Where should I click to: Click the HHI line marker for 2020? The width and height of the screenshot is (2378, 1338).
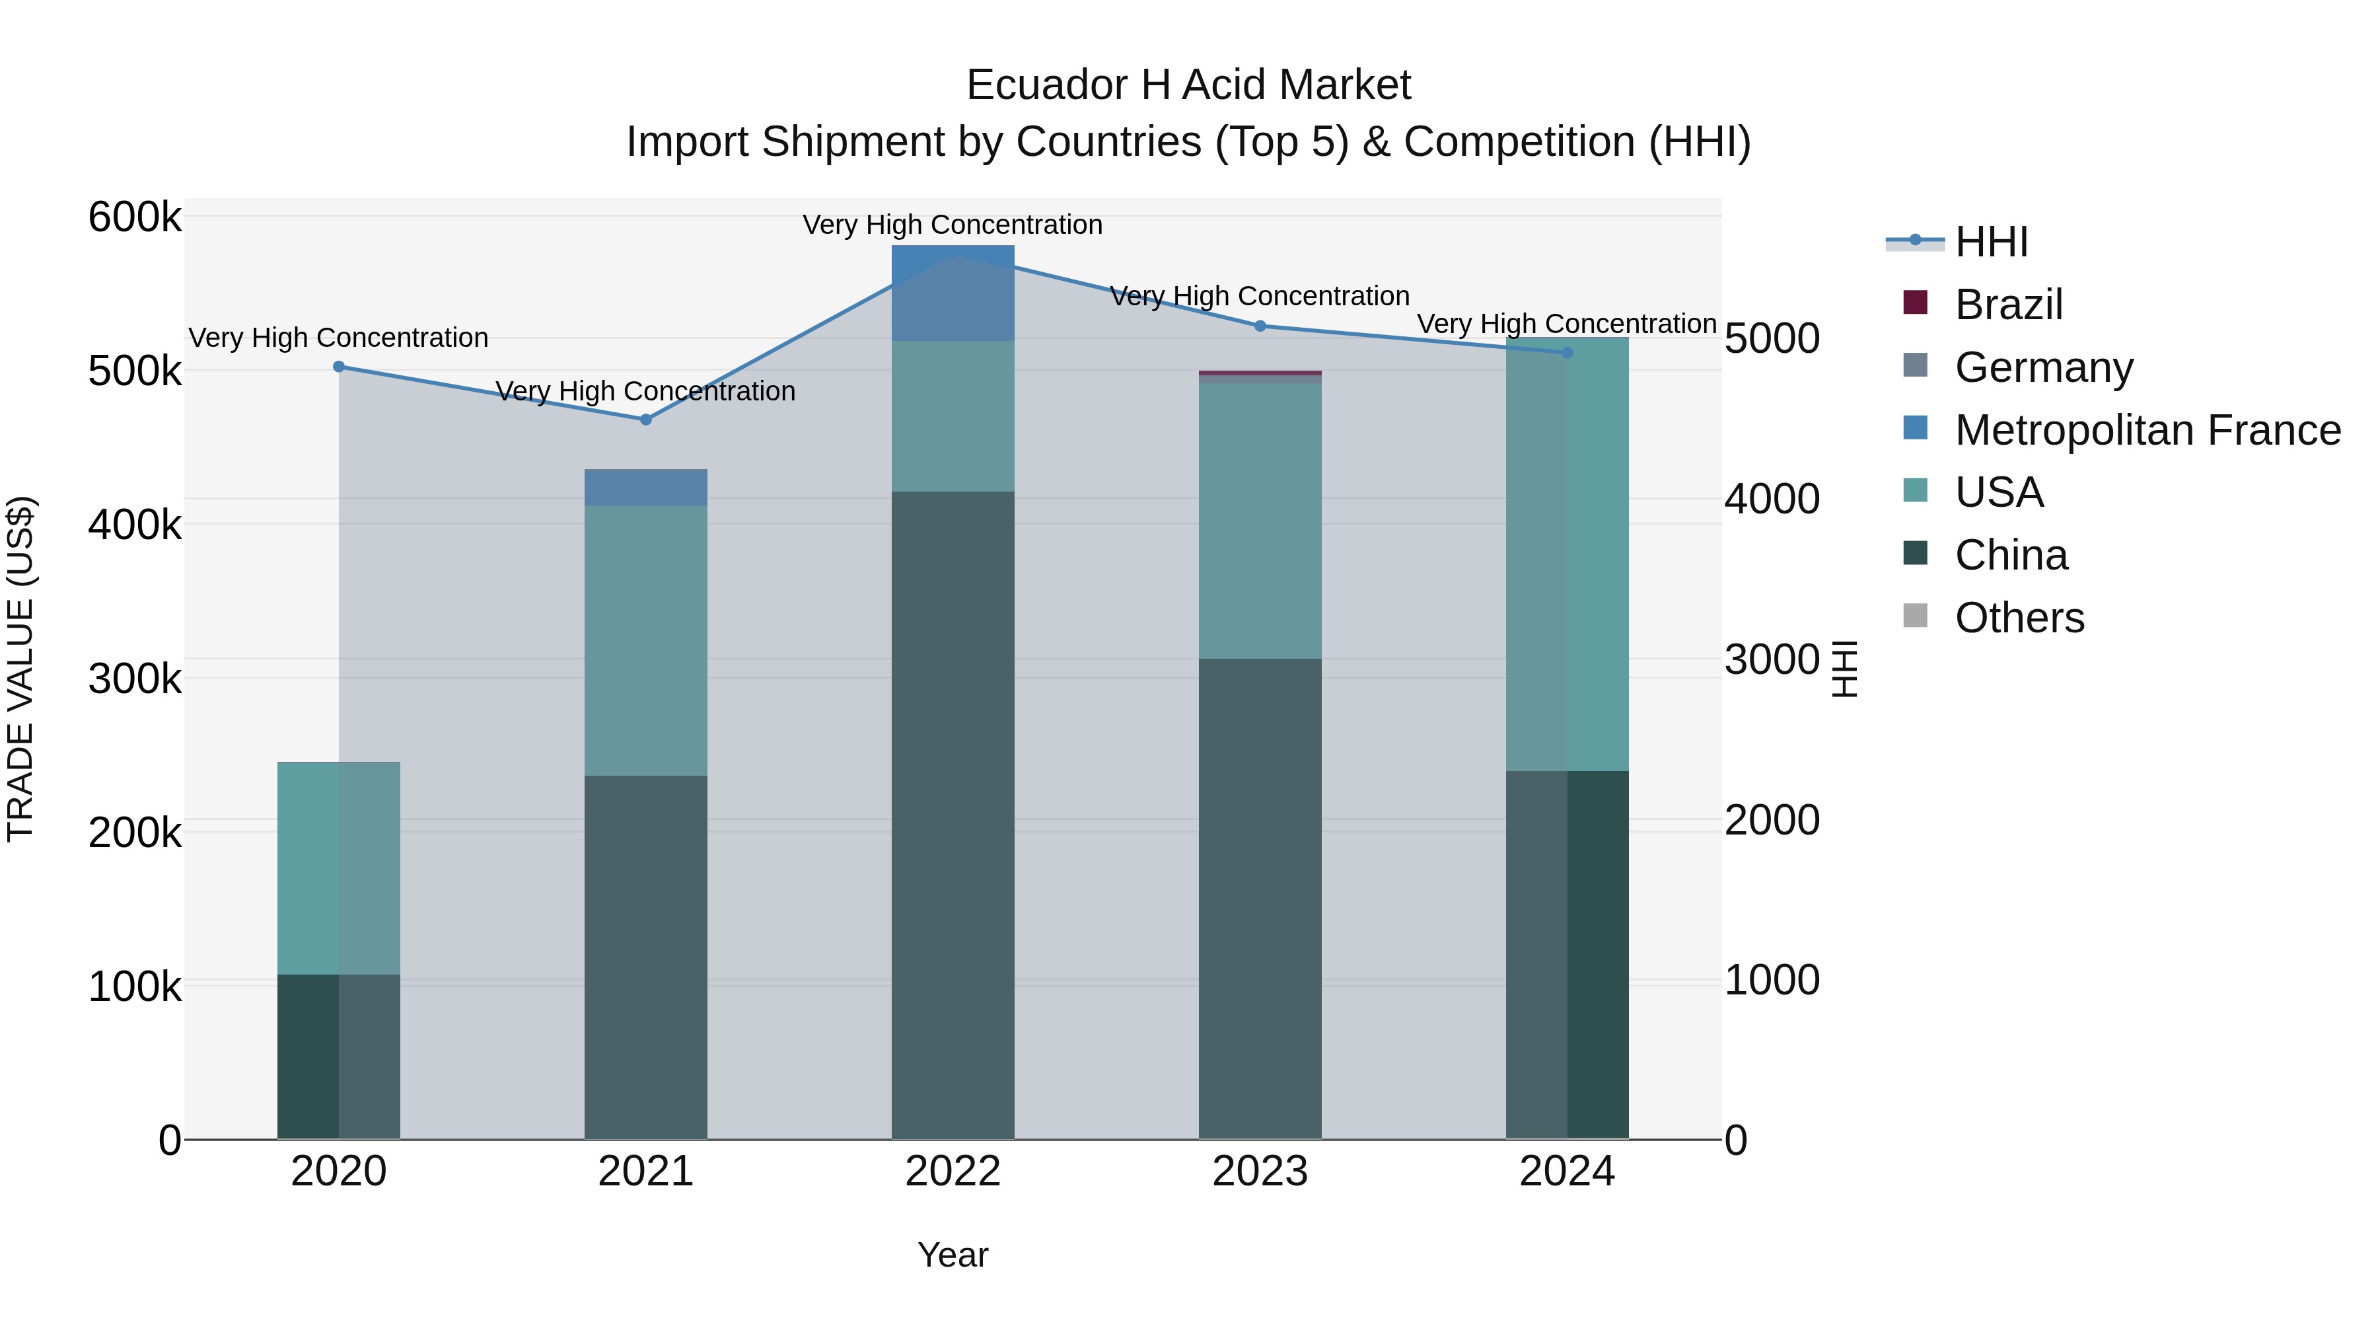pos(339,367)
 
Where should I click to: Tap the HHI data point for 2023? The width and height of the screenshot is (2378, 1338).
pos(1260,326)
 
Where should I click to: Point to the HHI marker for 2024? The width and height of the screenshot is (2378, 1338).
pos(1567,353)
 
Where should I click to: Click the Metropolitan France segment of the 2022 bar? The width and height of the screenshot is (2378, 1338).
pos(953,293)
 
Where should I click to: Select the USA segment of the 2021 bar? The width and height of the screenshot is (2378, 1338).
pos(646,640)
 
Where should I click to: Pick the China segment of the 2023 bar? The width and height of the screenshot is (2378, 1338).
pos(1260,897)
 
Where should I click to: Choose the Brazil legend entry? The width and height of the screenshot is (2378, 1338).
pos(2008,305)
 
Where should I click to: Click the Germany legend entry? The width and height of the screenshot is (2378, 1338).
pos(2043,367)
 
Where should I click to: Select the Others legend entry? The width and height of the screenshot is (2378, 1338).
pos(2019,618)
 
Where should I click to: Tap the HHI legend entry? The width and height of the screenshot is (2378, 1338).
pos(1991,242)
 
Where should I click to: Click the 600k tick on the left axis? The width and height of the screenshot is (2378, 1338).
pos(135,219)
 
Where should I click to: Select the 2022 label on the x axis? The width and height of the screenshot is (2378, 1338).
pos(953,1171)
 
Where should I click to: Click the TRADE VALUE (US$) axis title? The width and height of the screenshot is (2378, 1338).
pos(20,669)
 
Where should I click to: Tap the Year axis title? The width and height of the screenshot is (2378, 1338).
pos(953,1255)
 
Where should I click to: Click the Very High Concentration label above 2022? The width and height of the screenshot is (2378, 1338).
pos(953,225)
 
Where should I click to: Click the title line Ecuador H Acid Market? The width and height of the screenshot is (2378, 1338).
pos(1188,86)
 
